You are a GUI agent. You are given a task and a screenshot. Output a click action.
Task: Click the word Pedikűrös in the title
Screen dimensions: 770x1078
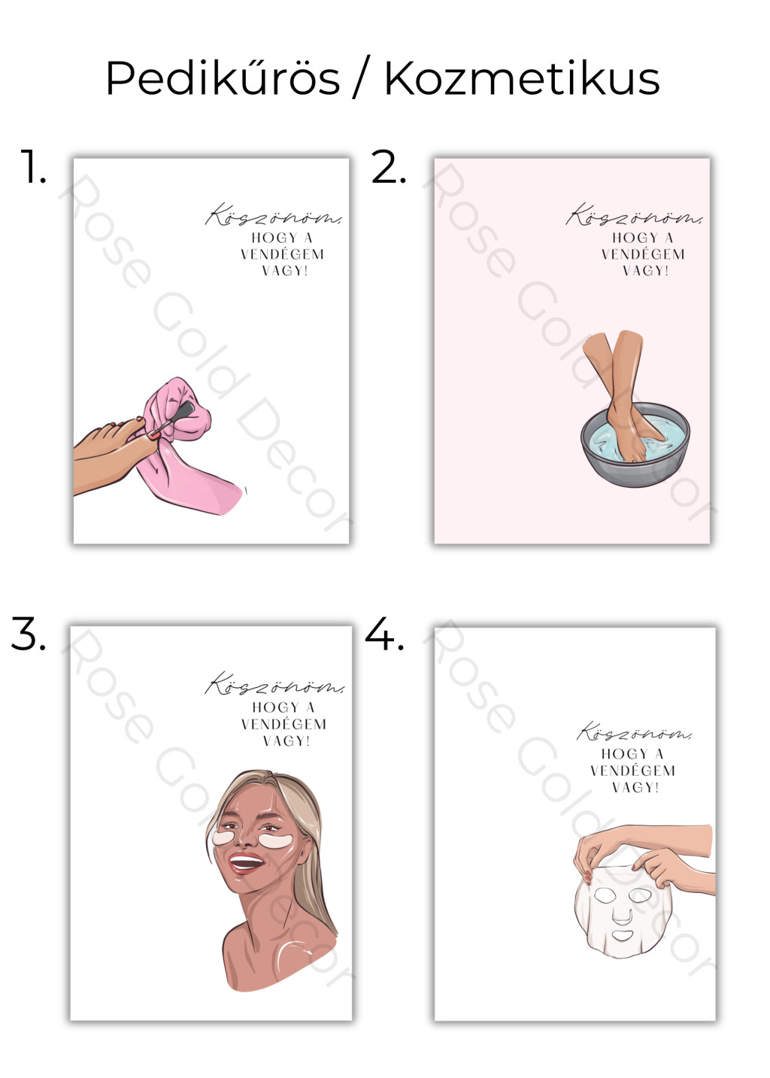point(223,78)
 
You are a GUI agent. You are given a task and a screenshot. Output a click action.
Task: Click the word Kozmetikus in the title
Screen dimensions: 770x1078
point(522,78)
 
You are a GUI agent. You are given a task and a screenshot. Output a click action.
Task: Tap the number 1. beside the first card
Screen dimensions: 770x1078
point(33,166)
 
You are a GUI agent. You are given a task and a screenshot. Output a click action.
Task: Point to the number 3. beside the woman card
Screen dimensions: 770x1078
point(29,633)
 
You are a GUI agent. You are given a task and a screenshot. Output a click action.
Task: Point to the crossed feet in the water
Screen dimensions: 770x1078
point(625,395)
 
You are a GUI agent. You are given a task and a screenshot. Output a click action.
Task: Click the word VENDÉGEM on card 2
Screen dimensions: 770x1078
point(642,254)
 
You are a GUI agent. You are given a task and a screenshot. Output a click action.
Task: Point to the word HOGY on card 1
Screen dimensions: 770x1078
point(274,238)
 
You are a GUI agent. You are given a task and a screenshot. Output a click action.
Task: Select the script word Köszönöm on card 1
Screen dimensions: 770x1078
point(274,215)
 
